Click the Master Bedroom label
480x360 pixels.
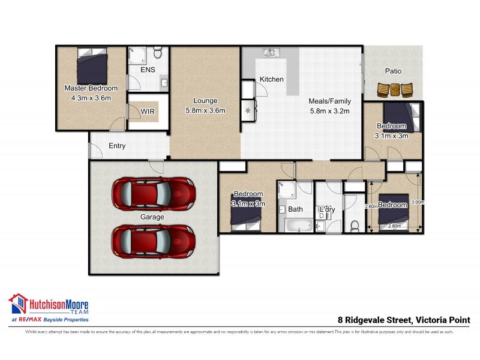[x=91, y=89]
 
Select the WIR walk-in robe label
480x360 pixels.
[x=148, y=111]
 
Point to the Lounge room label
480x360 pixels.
[x=205, y=101]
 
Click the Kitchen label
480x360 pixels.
[x=271, y=79]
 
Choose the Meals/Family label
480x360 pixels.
[x=329, y=101]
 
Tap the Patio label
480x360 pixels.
[x=394, y=71]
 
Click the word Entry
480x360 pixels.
[x=117, y=146]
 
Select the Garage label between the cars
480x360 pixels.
[x=152, y=217]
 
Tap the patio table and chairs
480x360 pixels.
[x=395, y=90]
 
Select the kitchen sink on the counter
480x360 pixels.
[x=269, y=53]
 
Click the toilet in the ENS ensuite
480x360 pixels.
[x=158, y=53]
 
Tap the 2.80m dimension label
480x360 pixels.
[x=394, y=226]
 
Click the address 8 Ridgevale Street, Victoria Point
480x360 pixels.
[x=404, y=320]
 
